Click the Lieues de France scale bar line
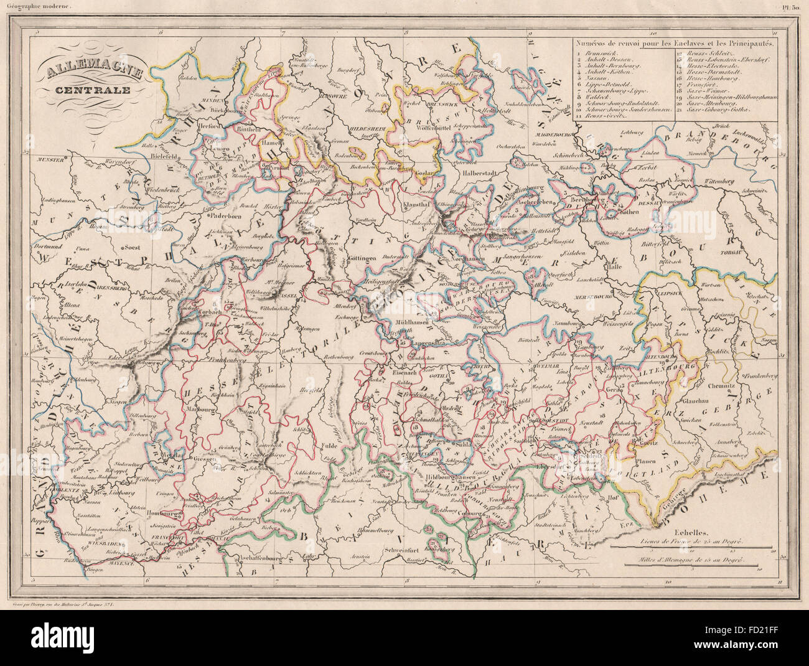click(x=691, y=548)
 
